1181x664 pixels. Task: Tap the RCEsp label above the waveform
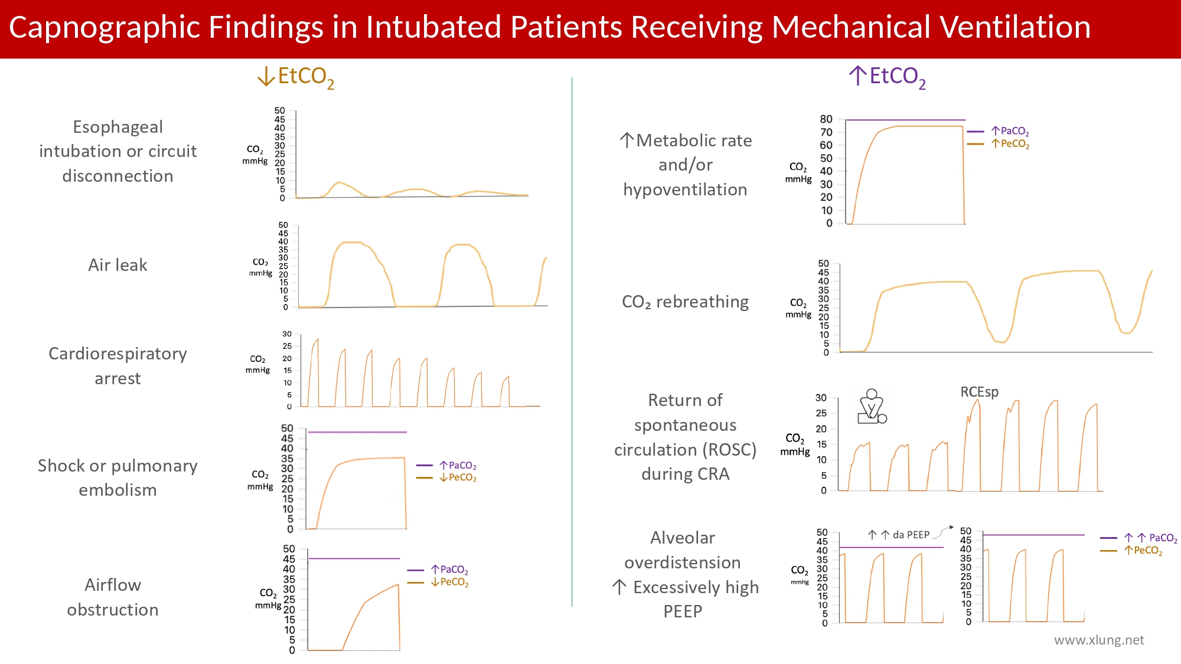pos(979,392)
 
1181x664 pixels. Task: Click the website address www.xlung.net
pos(1099,640)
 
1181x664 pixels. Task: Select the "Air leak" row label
pos(118,265)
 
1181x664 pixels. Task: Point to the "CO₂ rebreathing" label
pos(685,302)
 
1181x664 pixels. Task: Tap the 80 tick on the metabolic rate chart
pos(826,119)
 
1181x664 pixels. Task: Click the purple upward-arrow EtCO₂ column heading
pos(887,77)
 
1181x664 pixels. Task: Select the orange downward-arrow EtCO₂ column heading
pos(296,77)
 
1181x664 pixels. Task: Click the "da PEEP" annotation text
pos(911,535)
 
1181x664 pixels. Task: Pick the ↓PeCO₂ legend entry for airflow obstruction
pos(449,583)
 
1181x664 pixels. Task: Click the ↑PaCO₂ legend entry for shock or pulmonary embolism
pos(458,466)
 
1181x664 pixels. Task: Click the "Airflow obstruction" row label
pos(113,597)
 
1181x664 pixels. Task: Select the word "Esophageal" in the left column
pos(118,127)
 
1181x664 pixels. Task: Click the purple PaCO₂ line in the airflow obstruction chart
pos(354,558)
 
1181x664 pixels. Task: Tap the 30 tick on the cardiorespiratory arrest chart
pos(287,334)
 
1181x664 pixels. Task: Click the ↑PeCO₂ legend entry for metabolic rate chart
pos(1010,143)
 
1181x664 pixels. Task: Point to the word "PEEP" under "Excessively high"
pos(683,611)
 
